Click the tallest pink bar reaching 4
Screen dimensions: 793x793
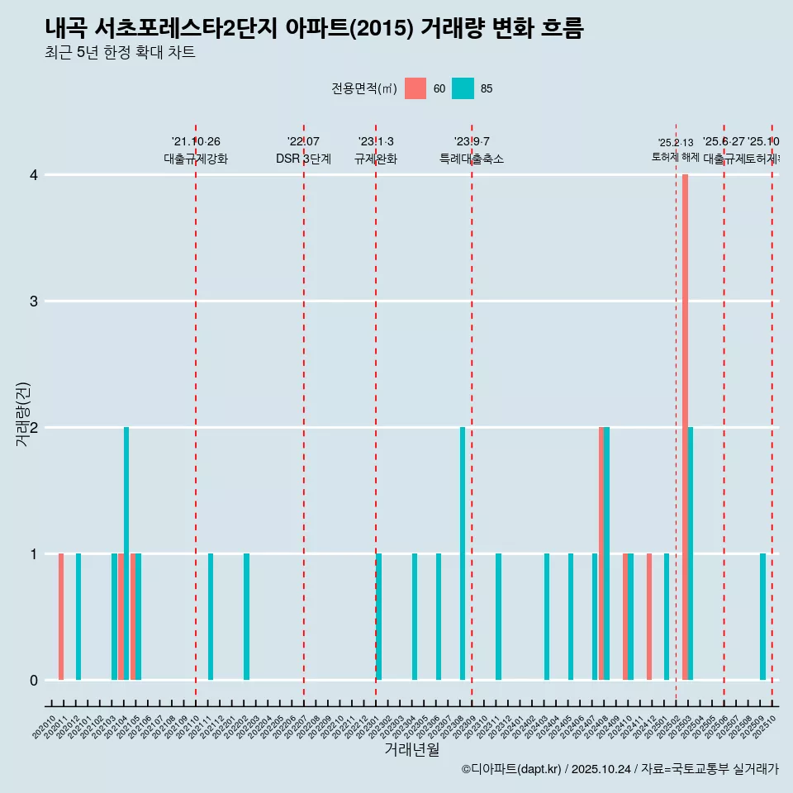point(686,427)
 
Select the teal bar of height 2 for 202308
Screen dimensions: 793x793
point(463,553)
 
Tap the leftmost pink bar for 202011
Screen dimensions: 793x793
point(61,616)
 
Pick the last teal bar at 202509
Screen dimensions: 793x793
point(763,616)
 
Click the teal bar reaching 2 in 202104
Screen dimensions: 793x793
point(126,553)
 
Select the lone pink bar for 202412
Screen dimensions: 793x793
point(649,616)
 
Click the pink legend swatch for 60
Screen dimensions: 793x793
point(415,88)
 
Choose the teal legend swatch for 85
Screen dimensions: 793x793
point(463,88)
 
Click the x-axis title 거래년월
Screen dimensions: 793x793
point(411,749)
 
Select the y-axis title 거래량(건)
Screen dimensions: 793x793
point(22,415)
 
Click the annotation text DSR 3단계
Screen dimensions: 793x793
point(304,159)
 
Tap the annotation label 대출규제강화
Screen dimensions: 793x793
point(195,159)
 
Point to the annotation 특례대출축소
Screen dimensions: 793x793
point(472,159)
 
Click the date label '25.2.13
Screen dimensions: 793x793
point(675,143)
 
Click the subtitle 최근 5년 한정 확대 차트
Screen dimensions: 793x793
point(121,53)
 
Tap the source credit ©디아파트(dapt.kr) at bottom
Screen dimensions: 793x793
point(512,769)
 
